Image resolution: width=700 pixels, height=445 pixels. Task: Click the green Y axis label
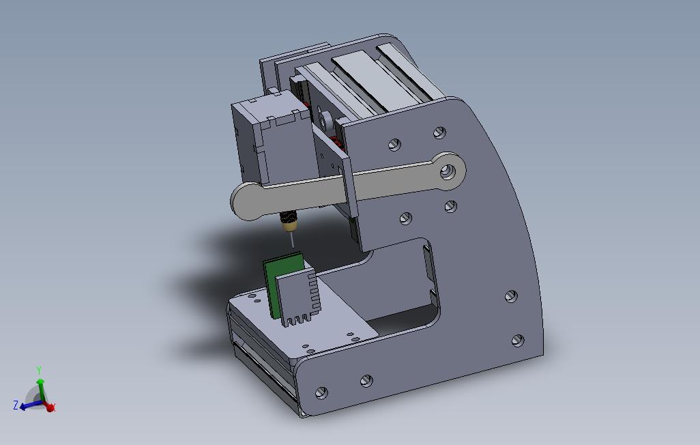tap(39, 371)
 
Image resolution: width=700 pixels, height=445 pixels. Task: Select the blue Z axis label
tap(16, 405)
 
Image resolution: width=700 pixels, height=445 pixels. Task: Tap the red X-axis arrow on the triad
tap(50, 406)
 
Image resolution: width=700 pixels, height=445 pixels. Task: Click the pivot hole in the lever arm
tap(448, 171)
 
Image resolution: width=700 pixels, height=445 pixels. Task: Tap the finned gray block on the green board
tap(297, 296)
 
